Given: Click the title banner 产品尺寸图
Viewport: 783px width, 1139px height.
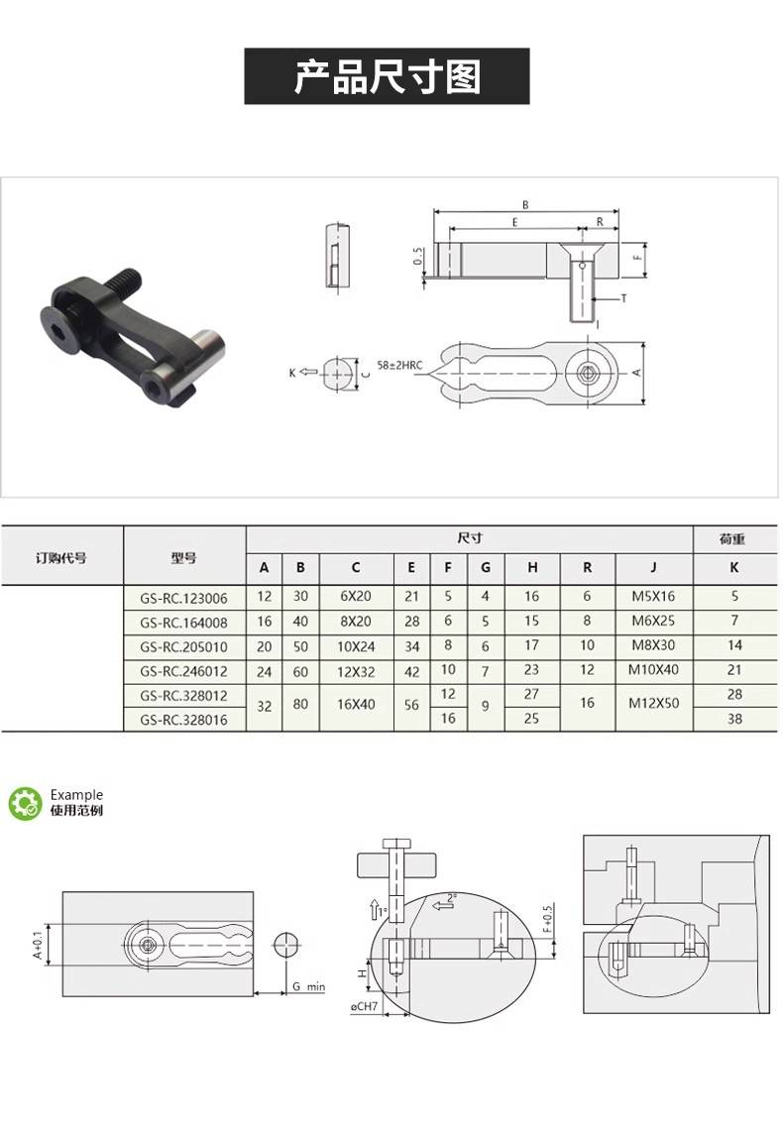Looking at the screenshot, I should (387, 76).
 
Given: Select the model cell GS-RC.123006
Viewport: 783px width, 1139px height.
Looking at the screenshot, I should (184, 598).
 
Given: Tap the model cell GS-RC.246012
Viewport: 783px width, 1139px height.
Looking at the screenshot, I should (184, 671).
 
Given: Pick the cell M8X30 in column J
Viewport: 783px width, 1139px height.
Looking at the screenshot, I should (653, 646).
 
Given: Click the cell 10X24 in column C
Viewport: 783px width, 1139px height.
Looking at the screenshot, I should (356, 646).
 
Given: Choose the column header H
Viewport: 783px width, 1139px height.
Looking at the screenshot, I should (532, 568).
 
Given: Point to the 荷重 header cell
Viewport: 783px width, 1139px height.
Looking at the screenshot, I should (733, 539).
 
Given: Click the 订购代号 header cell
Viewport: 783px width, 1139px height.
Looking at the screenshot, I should (61, 557).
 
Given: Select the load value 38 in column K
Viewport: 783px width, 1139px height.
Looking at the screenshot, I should (734, 719).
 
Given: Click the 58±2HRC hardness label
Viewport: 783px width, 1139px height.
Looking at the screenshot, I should (400, 366).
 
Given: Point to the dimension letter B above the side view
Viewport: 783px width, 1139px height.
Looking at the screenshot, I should (525, 205).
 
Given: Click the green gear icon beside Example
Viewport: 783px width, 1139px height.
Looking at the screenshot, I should (25, 803).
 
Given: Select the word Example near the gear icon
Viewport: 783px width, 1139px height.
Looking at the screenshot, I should (76, 795).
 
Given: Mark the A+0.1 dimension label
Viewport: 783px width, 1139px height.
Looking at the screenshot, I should (39, 945).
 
